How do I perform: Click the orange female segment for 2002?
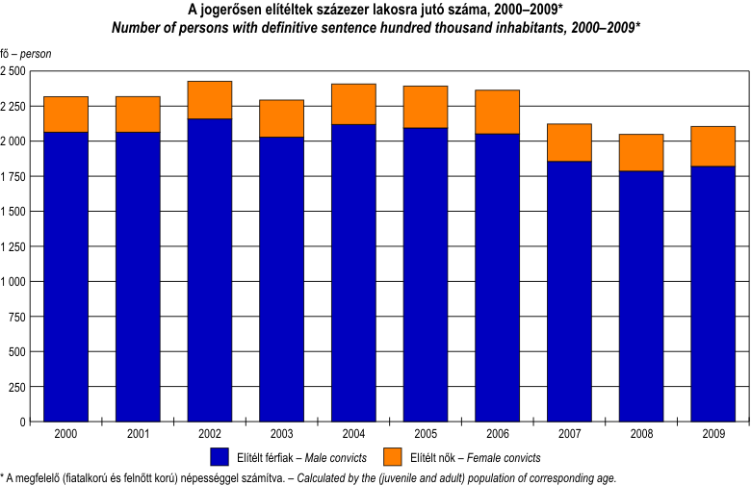[210, 100]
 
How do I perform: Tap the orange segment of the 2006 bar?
[497, 112]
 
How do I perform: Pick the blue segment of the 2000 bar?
[66, 276]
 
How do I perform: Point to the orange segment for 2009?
[713, 146]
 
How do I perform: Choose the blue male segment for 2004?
[353, 272]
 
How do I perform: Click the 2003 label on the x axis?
[282, 435]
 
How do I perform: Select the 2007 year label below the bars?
[570, 435]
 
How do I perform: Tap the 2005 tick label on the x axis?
[426, 435]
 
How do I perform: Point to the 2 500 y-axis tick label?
[14, 71]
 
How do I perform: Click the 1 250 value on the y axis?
[14, 246]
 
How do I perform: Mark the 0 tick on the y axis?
[23, 422]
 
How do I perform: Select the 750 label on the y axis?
[19, 317]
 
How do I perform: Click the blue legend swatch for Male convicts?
[219, 456]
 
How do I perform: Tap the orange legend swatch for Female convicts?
[393, 456]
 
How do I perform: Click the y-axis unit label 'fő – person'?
[26, 54]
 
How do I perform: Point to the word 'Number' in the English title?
[135, 27]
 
